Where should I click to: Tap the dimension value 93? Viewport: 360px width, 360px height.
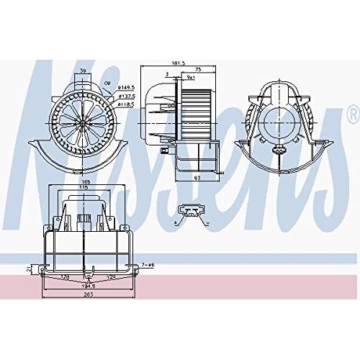[x=196, y=177]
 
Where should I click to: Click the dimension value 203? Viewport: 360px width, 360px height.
[x=88, y=294]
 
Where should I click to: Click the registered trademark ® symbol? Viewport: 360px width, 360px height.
[x=352, y=114]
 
